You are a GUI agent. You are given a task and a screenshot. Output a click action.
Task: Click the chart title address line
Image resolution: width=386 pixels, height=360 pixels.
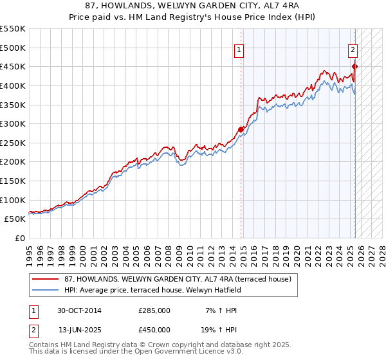pyautogui.click(x=192, y=6)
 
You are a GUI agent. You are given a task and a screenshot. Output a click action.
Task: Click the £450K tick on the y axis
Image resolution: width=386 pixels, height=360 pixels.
pyautogui.click(x=13, y=66)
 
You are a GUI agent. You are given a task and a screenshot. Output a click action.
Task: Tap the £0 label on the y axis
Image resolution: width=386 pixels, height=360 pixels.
pyautogui.click(x=19, y=238)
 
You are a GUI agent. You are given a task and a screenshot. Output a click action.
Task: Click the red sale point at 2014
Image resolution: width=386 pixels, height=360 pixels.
pyautogui.click(x=241, y=129)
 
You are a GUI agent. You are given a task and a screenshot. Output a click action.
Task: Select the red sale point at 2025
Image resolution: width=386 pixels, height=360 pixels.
pyautogui.click(x=354, y=66)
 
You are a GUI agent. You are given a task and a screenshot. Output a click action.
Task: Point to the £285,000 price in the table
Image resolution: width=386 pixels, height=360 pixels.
pyautogui.click(x=154, y=310)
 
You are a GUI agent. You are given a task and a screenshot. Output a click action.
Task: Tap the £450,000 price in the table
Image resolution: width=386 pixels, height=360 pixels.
pyautogui.click(x=154, y=330)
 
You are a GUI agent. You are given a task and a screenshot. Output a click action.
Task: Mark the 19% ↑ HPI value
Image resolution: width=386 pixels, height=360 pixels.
pyautogui.click(x=221, y=330)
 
